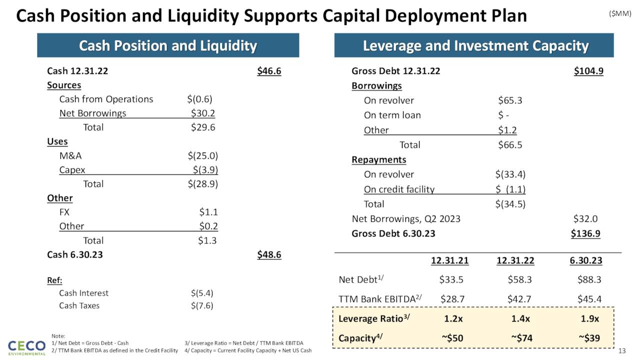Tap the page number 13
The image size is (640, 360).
(x=622, y=350)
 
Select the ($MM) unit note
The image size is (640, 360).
(x=620, y=13)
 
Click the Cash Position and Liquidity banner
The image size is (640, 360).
(x=168, y=46)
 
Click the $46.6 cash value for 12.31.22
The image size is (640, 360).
(x=269, y=71)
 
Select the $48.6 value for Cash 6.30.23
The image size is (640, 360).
(x=269, y=254)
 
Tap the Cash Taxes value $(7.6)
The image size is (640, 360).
(x=202, y=305)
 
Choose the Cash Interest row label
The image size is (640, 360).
(x=83, y=293)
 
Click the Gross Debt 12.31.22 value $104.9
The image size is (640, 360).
(x=588, y=71)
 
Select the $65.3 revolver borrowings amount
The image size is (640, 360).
(x=510, y=100)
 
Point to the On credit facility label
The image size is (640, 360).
(x=399, y=189)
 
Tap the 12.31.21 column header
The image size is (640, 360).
(x=450, y=260)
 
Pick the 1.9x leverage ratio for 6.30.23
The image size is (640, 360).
(x=590, y=318)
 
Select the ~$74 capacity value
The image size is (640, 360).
(x=521, y=338)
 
